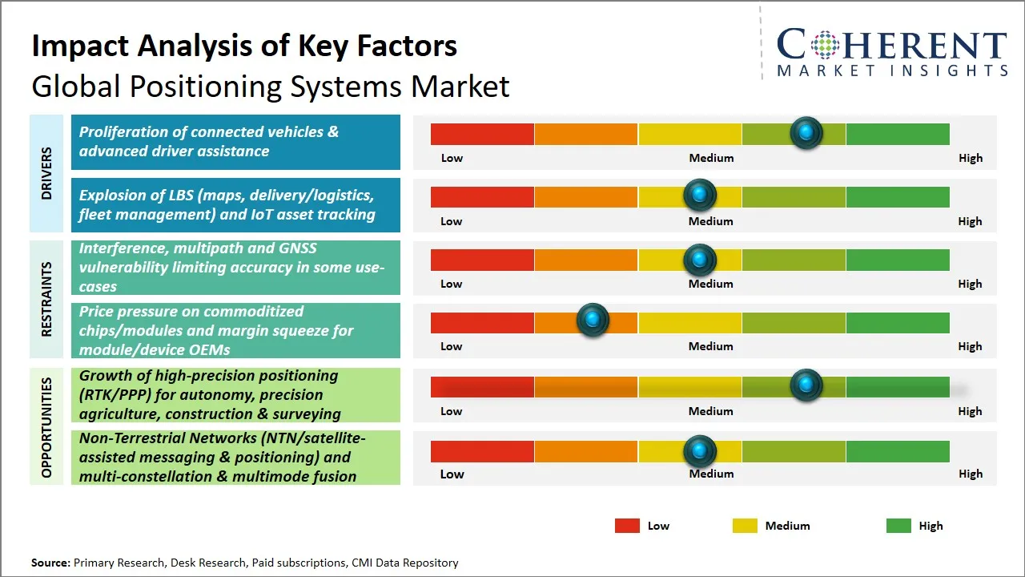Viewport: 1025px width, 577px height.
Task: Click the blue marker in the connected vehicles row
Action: (806, 132)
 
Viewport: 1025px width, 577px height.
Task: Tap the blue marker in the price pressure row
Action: (593, 321)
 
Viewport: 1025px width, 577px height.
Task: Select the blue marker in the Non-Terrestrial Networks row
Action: (700, 451)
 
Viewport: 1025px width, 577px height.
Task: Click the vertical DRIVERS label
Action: (46, 173)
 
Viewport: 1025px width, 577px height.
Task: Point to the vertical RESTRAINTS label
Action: (46, 299)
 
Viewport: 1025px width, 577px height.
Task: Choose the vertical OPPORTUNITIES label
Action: (46, 427)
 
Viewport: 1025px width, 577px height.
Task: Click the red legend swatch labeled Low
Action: (627, 526)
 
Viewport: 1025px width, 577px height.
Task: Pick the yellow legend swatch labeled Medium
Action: (745, 526)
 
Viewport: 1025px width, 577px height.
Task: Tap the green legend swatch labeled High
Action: (898, 526)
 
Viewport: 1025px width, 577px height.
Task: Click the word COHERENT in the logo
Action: (892, 45)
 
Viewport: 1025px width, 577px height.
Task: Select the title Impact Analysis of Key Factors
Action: (244, 46)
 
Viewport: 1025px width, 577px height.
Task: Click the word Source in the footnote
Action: (50, 563)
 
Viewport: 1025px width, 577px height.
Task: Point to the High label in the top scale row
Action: (970, 158)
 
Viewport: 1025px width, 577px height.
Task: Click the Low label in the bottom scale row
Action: (452, 474)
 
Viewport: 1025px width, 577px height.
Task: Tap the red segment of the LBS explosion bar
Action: (482, 196)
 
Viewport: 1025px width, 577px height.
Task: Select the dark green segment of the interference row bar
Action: (897, 260)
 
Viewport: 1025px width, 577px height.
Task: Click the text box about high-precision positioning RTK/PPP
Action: (235, 395)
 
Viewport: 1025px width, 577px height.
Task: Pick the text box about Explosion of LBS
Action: (235, 205)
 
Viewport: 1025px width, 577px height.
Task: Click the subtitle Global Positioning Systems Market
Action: (270, 86)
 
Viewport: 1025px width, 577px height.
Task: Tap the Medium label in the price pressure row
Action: (711, 346)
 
